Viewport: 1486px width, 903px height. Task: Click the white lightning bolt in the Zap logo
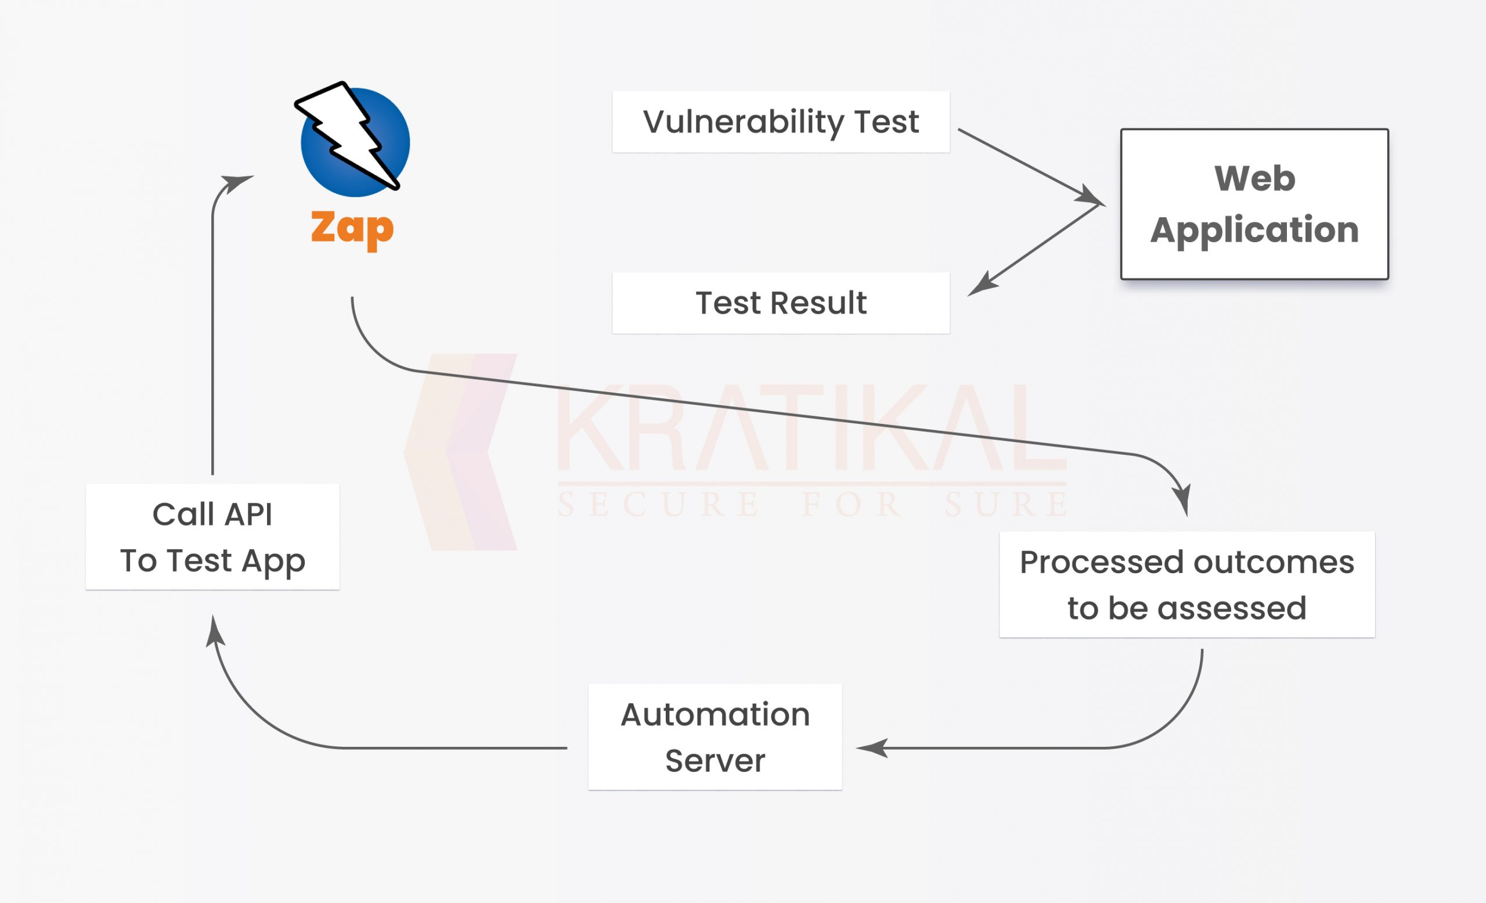346,136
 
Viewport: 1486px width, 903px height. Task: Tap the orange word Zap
352,230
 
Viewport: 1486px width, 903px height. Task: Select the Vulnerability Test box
781,122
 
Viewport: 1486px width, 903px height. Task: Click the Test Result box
781,303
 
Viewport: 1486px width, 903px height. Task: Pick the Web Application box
1254,204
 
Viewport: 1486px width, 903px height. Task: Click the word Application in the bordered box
1254,231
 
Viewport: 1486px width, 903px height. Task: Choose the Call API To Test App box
212,537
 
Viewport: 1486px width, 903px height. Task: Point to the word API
248,515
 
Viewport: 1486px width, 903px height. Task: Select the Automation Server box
715,737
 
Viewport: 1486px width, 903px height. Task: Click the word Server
715,761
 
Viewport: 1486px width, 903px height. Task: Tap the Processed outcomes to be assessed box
1187,585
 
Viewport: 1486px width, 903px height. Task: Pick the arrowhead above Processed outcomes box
1182,499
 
